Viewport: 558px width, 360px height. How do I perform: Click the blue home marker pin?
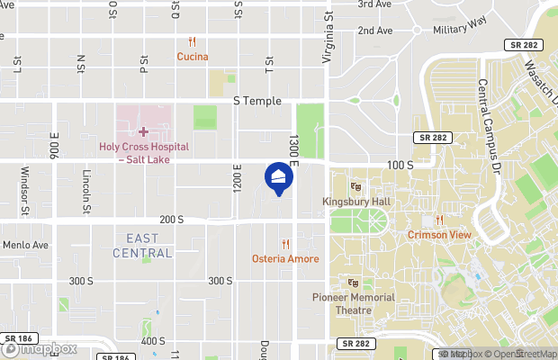pos(278,176)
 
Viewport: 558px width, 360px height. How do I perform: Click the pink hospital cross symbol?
pos(143,132)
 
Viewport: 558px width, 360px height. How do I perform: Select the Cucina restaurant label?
pos(193,57)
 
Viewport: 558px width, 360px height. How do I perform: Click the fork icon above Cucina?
pos(193,42)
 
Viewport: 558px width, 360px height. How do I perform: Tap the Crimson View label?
pos(439,235)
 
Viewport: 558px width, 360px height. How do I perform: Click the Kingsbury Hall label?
pos(355,202)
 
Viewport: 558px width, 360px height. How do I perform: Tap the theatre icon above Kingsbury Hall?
pos(355,187)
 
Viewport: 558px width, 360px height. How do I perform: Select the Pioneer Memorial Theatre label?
pos(353,303)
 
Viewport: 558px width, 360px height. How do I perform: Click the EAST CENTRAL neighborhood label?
pos(142,246)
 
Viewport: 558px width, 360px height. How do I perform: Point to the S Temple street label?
pos(256,102)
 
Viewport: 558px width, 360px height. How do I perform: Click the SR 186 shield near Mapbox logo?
pos(12,339)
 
